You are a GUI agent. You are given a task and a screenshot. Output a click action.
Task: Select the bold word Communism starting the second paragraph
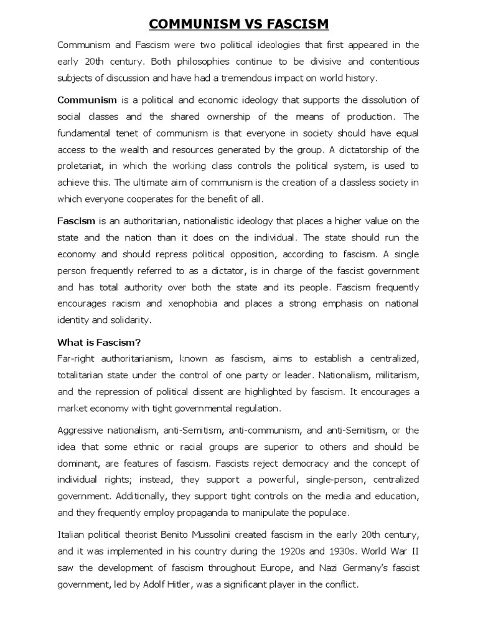87,99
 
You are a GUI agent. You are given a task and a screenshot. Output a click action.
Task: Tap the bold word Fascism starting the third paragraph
77,221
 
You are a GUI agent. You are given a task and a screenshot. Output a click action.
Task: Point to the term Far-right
78,359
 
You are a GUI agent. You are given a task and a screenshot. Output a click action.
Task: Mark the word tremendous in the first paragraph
255,77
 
